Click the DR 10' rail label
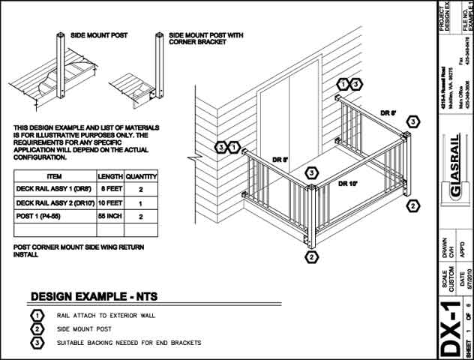(347, 183)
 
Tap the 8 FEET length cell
(110, 190)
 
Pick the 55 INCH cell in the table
(110, 217)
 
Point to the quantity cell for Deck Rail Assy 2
(141, 203)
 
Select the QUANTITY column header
(141, 176)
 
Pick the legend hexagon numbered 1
(35, 316)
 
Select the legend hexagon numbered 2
(35, 329)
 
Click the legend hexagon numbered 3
(35, 343)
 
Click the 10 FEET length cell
(110, 203)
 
